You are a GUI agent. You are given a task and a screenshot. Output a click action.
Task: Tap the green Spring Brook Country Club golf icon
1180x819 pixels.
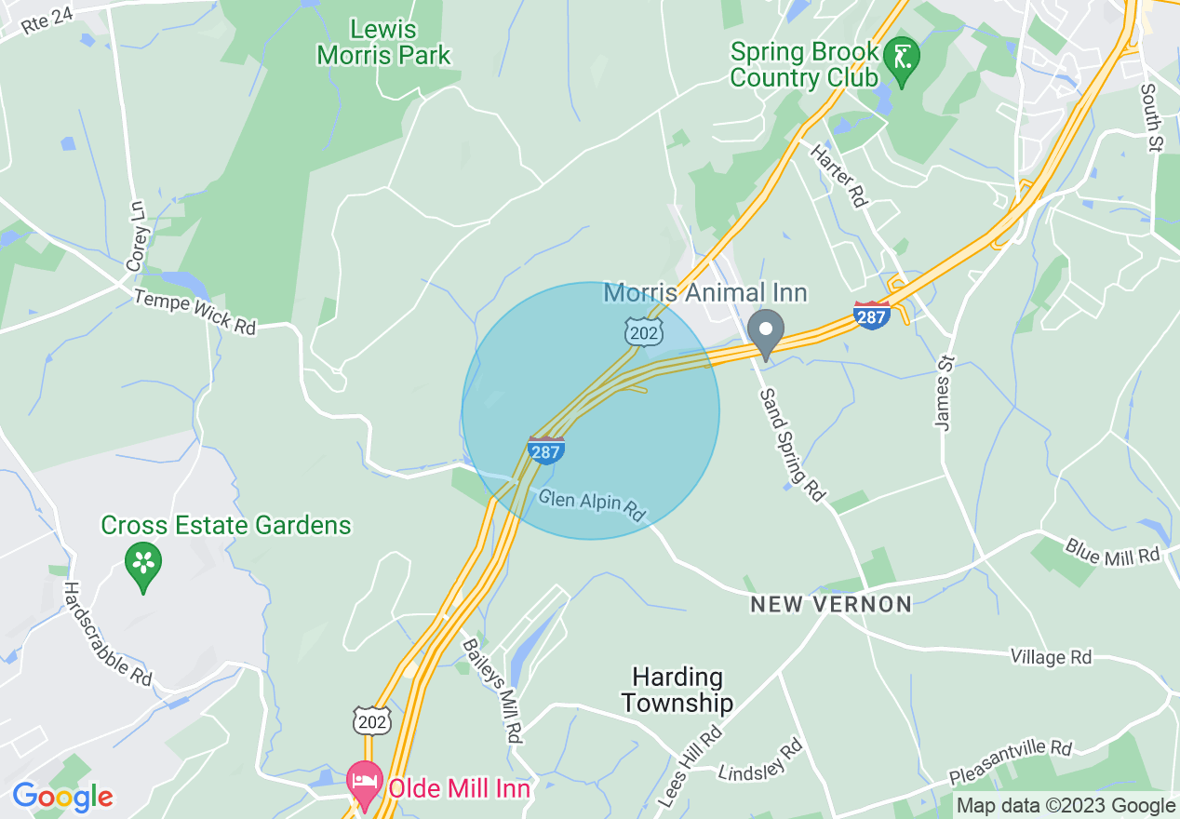(x=901, y=57)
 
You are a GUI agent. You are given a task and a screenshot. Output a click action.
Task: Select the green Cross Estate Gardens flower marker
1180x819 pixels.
(x=143, y=564)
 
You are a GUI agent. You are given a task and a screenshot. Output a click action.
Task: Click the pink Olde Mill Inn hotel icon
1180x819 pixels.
(x=364, y=784)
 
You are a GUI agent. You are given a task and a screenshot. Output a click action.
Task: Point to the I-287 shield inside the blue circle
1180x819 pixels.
(x=545, y=450)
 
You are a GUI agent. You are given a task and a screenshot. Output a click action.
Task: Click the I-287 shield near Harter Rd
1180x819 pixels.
(x=872, y=315)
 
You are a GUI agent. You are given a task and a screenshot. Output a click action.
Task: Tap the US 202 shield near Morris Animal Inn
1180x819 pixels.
(x=643, y=332)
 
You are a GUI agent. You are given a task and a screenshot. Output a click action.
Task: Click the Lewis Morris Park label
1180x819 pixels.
(x=383, y=43)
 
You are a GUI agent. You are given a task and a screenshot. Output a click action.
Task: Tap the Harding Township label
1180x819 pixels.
(x=677, y=690)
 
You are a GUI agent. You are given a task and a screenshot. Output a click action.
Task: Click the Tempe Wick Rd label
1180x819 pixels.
(x=194, y=313)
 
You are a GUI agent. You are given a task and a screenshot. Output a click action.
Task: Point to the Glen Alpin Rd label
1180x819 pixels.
(x=592, y=506)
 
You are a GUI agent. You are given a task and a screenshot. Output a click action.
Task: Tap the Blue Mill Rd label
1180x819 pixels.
(x=1113, y=552)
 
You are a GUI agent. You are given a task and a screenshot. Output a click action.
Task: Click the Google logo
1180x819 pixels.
(x=62, y=797)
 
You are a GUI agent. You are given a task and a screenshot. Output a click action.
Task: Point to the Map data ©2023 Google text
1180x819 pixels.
(x=1066, y=806)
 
